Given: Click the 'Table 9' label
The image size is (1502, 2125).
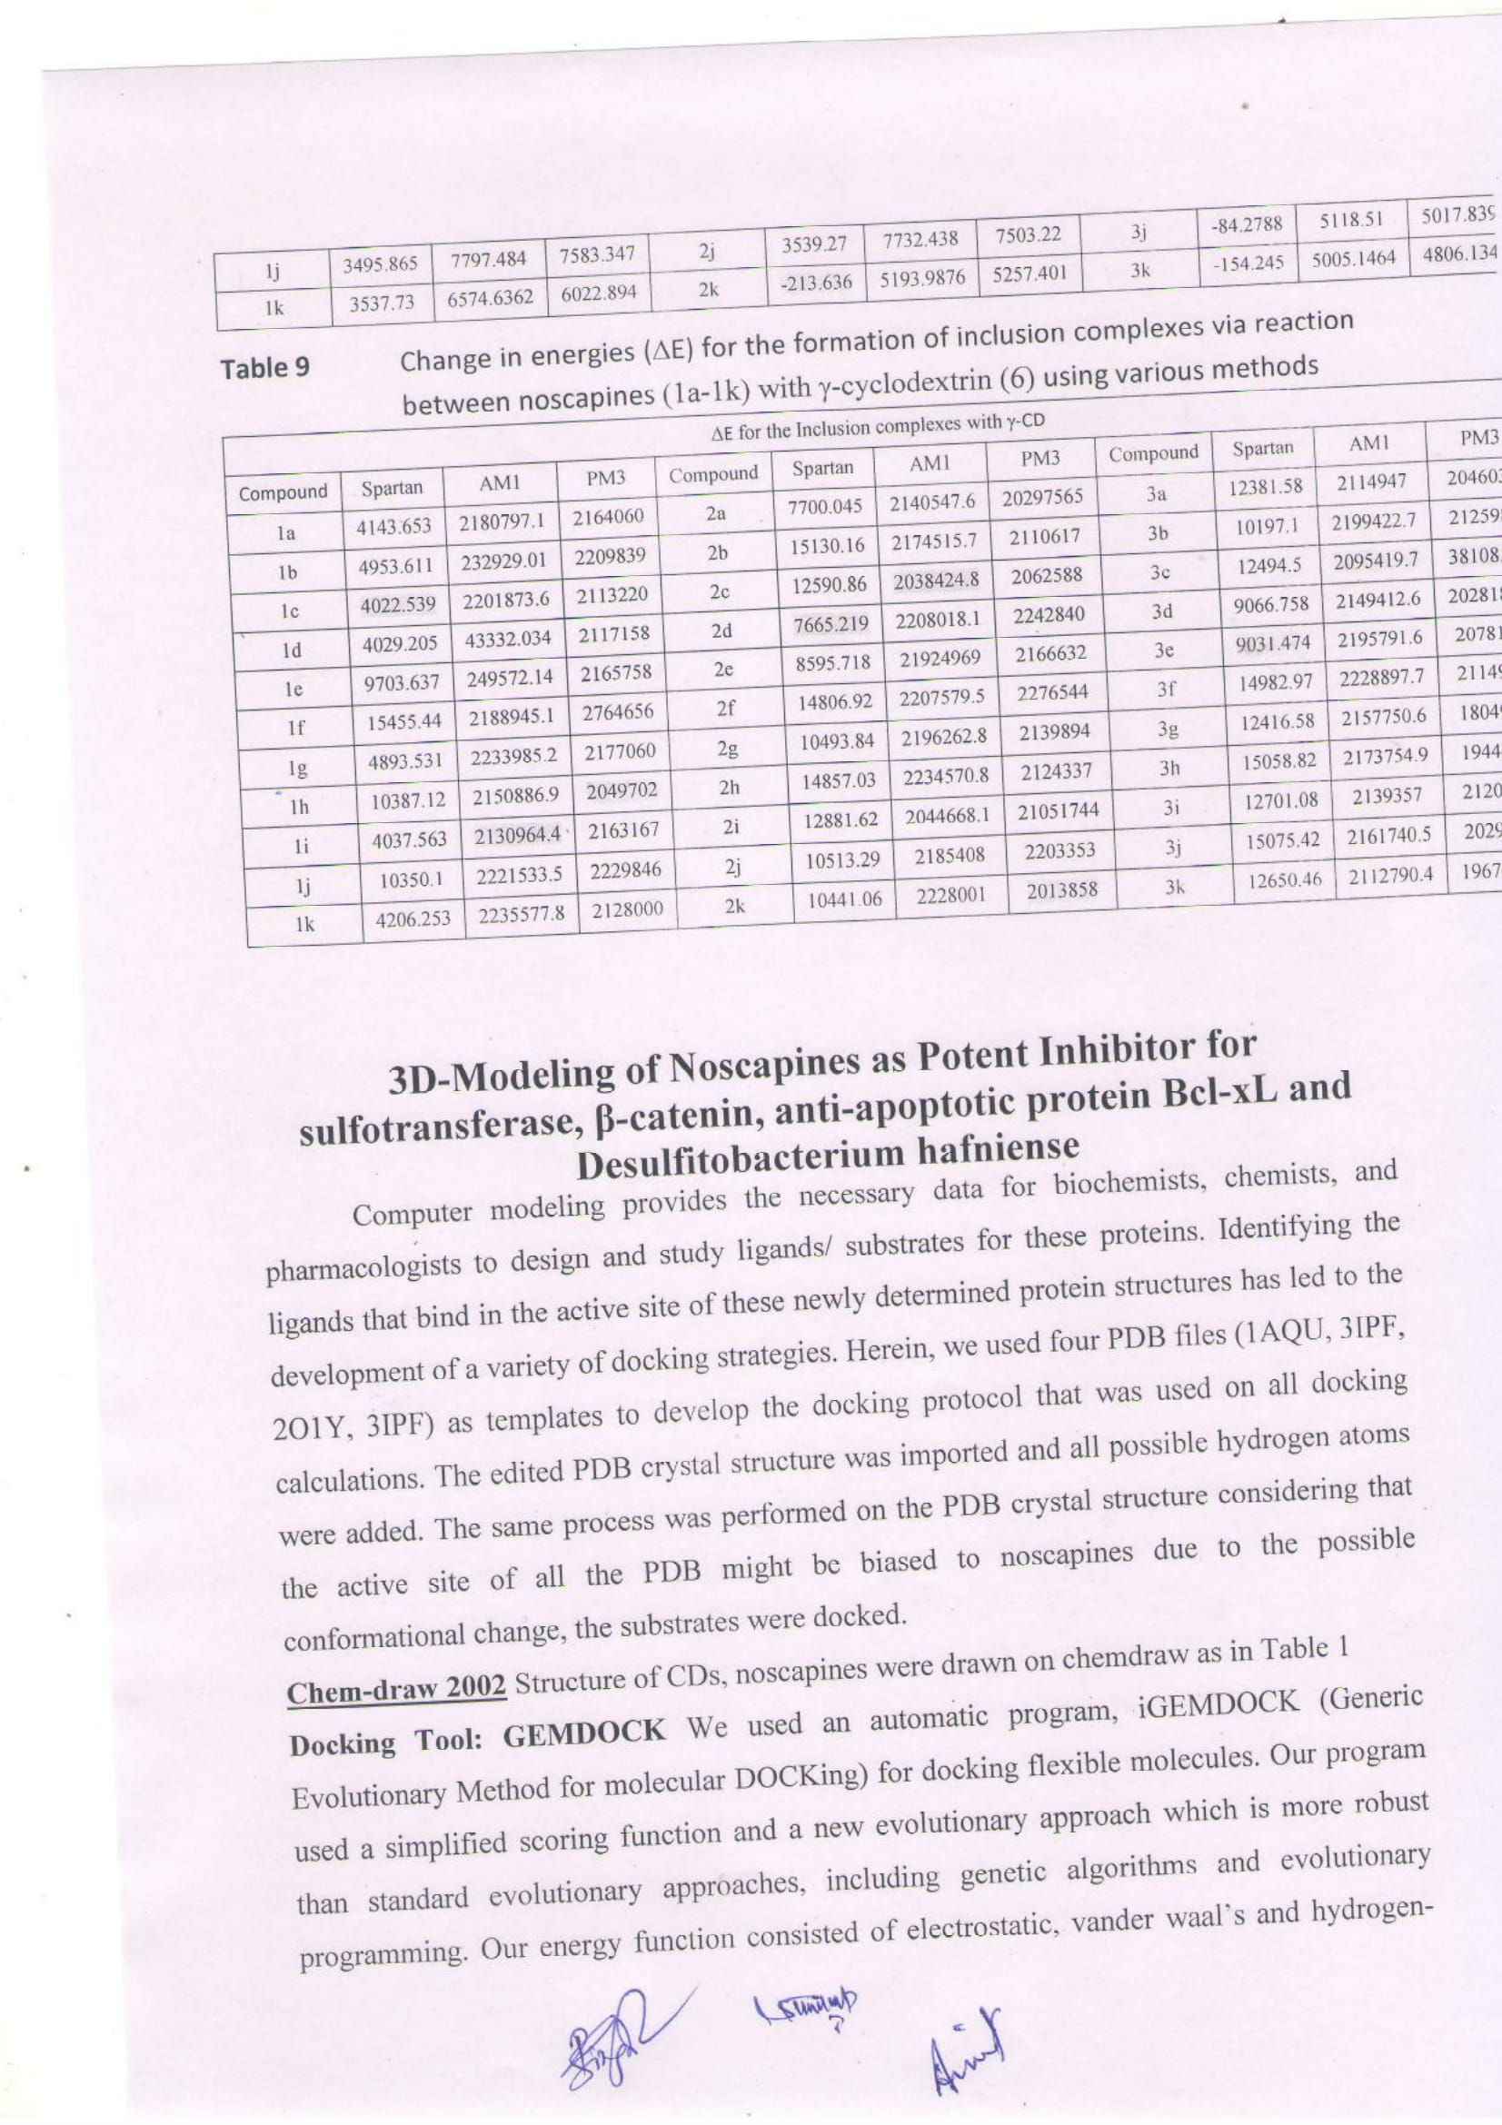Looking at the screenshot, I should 264,368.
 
